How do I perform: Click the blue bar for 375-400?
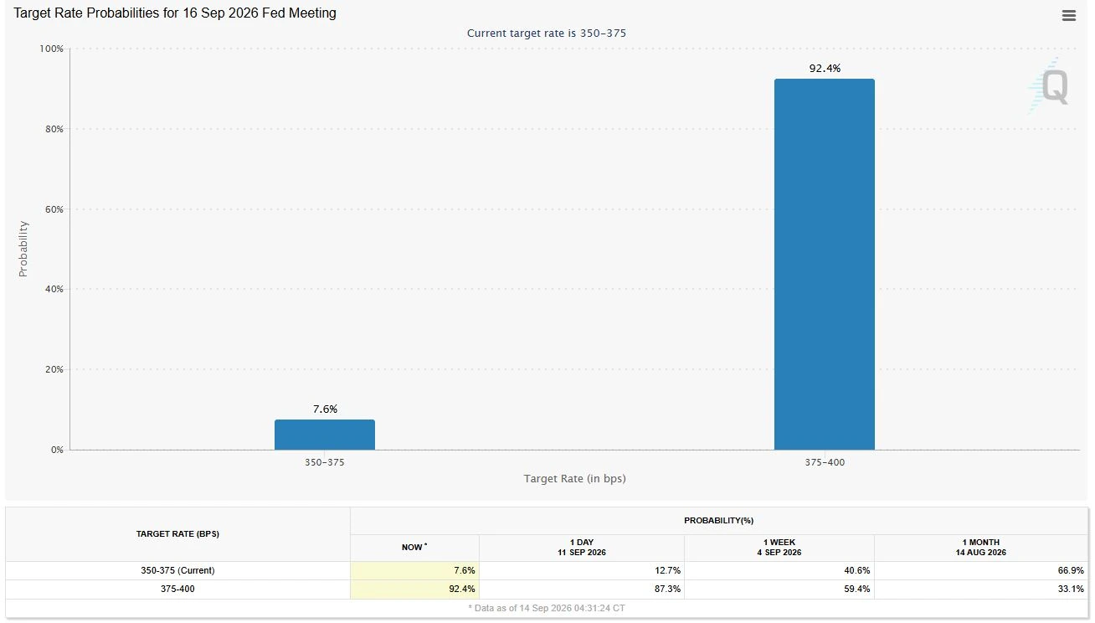(825, 264)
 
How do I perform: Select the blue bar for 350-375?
(325, 435)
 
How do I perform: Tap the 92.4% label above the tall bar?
(825, 69)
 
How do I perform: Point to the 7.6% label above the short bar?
(325, 409)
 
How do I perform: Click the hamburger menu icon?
(1069, 16)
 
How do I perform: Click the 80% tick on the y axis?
(54, 129)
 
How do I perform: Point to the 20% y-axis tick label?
(54, 369)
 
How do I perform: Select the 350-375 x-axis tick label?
(325, 462)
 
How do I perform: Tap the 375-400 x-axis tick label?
(825, 462)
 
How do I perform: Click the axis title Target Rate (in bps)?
(575, 478)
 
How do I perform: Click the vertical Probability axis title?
(23, 249)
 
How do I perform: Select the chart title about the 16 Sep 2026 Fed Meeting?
(175, 13)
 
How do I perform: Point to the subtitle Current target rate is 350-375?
(547, 33)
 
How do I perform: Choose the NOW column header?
(414, 547)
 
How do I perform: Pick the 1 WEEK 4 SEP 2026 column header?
(779, 547)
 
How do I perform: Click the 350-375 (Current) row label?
(177, 570)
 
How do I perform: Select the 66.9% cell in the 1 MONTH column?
(1071, 570)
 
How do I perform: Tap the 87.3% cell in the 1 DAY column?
(667, 589)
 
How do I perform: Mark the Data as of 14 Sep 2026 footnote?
(547, 608)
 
